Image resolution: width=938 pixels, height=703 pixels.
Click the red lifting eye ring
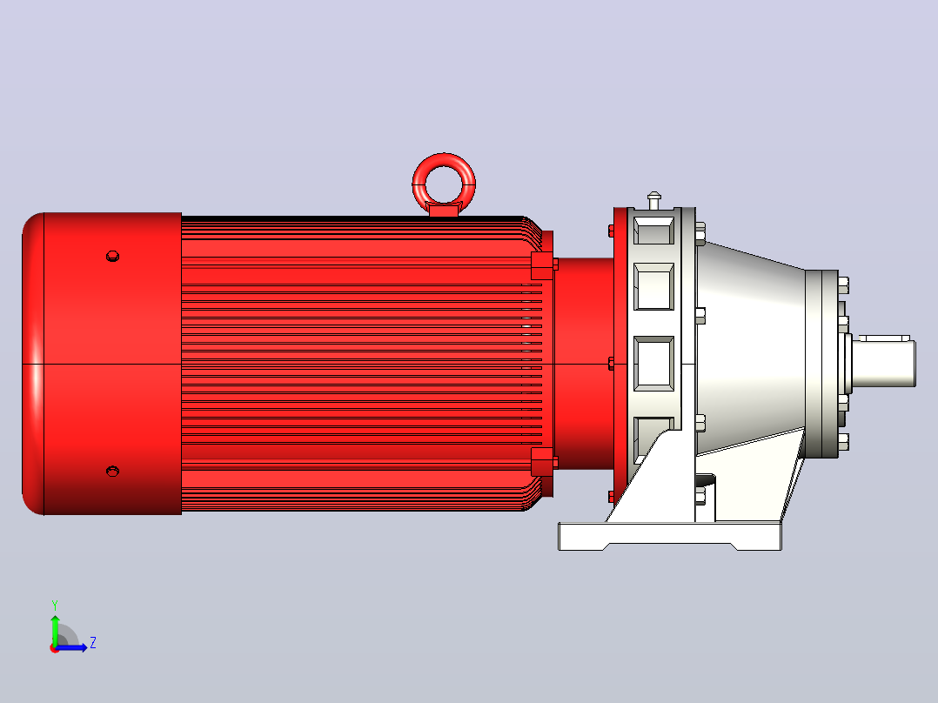point(444,160)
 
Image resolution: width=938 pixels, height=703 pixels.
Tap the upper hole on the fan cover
point(112,256)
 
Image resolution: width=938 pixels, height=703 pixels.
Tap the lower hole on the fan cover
point(112,472)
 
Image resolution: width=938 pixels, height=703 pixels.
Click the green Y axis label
point(55,605)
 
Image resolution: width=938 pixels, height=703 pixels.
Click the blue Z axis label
point(93,643)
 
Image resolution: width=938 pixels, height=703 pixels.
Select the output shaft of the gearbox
point(883,361)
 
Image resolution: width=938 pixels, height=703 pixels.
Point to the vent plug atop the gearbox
point(653,200)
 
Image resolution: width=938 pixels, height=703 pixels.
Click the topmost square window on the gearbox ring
point(653,231)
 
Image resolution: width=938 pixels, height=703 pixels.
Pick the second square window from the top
point(653,286)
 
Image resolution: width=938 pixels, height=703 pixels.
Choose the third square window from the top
point(653,364)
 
